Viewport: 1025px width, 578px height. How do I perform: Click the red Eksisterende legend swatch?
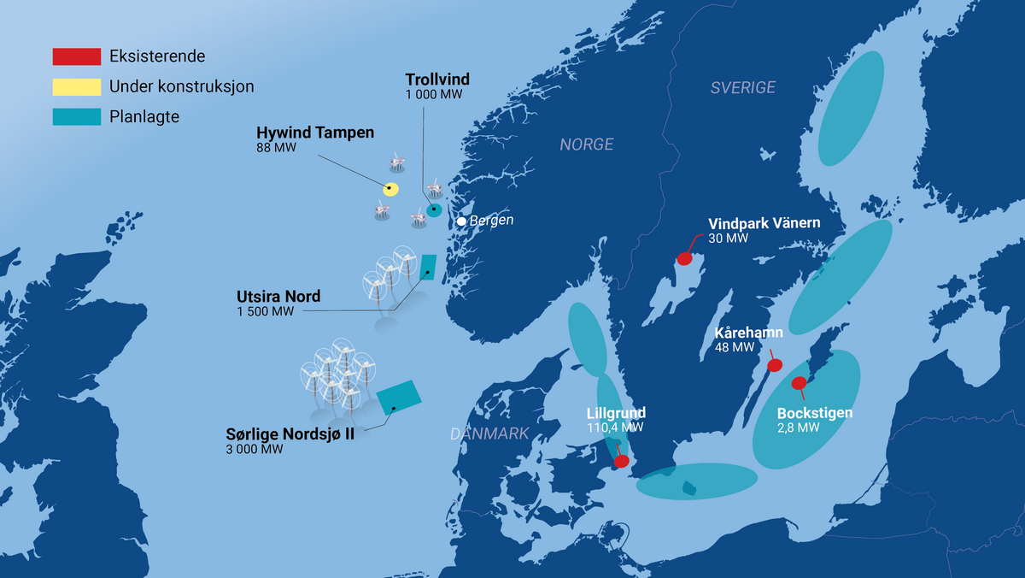(x=77, y=57)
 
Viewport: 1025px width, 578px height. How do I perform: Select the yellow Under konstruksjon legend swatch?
(x=77, y=86)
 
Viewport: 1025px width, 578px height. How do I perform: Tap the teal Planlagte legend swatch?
(x=77, y=116)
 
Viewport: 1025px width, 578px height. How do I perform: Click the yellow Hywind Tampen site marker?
(x=390, y=189)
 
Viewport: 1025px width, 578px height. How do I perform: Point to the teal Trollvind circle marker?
(x=434, y=209)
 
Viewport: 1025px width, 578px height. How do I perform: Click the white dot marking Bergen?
(x=461, y=221)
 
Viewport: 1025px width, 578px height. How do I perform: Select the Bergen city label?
(x=492, y=221)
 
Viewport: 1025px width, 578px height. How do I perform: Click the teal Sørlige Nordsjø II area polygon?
(x=398, y=395)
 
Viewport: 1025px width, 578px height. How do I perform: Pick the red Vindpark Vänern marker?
(x=685, y=258)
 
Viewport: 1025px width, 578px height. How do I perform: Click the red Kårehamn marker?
(x=775, y=365)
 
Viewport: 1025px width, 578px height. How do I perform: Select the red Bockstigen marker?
(x=799, y=382)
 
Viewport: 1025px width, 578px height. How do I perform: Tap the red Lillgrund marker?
(x=622, y=461)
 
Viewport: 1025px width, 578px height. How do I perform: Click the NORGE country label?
(x=587, y=145)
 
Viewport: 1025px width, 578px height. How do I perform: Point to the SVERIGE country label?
(x=743, y=87)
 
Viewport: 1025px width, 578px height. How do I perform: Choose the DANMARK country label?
(x=490, y=434)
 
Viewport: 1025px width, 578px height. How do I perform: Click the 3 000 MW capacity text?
(x=255, y=449)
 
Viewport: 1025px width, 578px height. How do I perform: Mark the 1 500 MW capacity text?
(x=265, y=311)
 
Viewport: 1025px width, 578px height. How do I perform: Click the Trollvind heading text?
(x=437, y=80)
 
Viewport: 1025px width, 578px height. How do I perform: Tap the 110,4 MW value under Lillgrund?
(x=615, y=427)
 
